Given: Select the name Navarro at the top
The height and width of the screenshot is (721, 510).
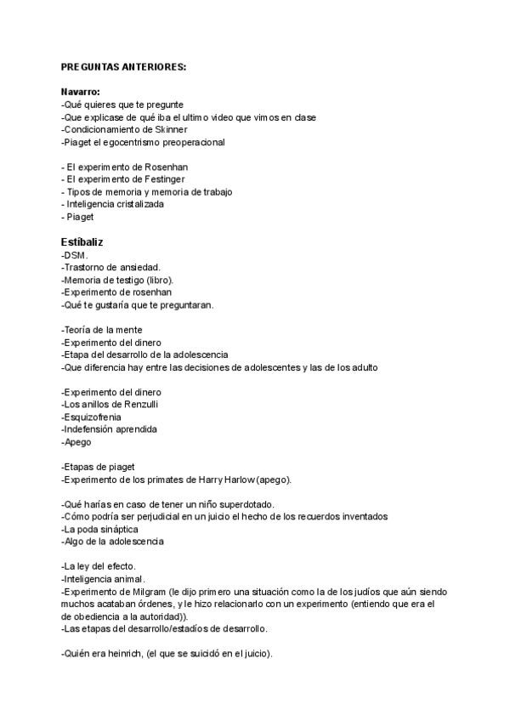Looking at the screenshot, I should click(81, 92).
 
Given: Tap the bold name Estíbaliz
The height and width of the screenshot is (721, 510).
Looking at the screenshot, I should click(82, 242).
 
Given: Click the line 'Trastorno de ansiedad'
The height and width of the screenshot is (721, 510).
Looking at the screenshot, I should click(111, 267).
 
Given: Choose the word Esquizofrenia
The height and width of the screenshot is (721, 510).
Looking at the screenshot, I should click(92, 417).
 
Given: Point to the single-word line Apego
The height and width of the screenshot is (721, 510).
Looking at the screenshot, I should click(76, 442).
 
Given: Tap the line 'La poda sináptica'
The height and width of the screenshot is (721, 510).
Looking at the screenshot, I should click(102, 529).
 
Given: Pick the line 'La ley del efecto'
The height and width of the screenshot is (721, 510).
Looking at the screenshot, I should click(100, 566).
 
